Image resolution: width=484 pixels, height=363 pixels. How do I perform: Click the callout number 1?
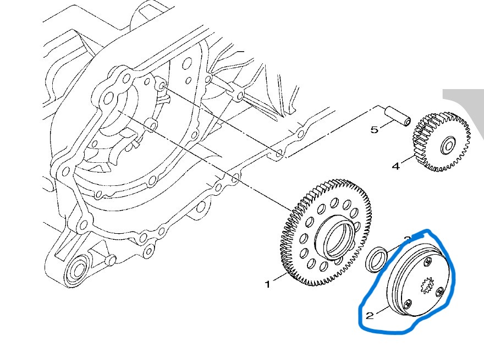(268, 284)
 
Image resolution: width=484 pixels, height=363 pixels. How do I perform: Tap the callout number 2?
(370, 315)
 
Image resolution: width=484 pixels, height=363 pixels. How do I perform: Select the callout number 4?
(395, 165)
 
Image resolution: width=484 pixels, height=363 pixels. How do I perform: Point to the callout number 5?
(374, 130)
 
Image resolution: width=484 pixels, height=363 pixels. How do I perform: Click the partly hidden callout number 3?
(407, 239)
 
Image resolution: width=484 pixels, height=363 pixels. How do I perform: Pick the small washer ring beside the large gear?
(377, 258)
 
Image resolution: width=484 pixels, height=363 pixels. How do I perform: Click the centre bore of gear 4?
(447, 146)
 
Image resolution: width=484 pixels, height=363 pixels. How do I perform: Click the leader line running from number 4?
(407, 160)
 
